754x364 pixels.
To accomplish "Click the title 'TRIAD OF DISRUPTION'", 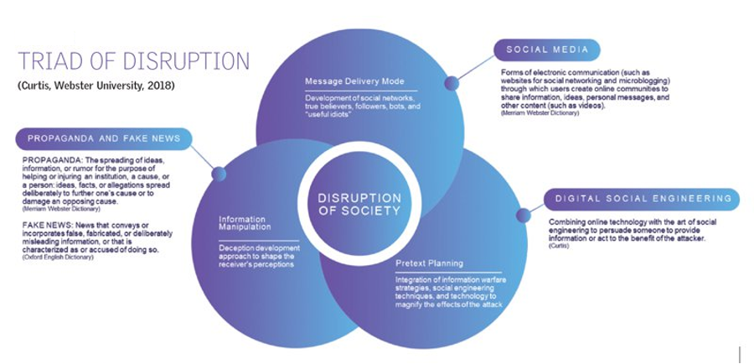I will (x=134, y=62).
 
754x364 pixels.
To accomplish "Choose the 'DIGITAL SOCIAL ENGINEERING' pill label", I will (x=643, y=199).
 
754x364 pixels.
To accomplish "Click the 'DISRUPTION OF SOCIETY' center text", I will (x=359, y=205).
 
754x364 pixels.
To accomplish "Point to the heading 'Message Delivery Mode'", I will (x=354, y=82).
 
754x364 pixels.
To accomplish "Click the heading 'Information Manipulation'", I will (x=245, y=222).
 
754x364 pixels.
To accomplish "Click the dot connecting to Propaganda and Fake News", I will (x=219, y=174).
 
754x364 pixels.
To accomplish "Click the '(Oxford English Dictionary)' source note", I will (x=58, y=257).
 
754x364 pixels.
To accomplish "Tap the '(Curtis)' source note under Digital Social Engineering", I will (x=558, y=246).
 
